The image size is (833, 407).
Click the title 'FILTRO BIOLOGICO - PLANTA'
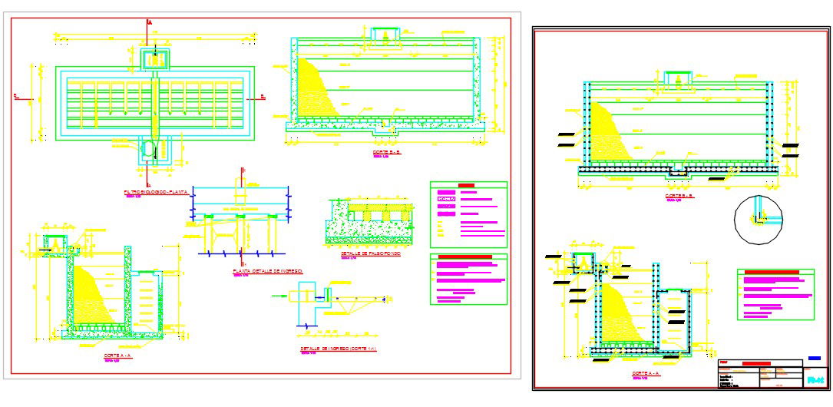156,191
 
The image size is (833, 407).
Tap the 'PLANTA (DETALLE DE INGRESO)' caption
267,271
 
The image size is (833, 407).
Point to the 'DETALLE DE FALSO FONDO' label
362,253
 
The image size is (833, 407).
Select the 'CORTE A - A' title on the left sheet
118,356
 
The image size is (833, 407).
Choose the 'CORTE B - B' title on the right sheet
679,196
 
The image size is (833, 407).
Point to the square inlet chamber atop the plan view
156,58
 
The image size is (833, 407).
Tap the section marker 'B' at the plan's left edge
15,96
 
